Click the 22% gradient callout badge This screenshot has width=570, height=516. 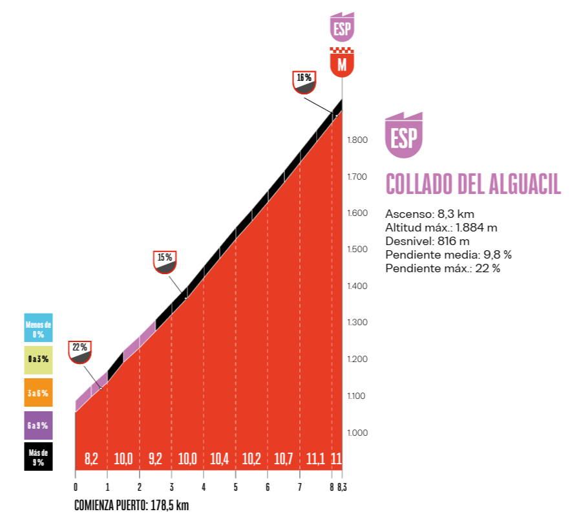(79, 352)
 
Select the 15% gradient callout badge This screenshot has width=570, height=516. (165, 262)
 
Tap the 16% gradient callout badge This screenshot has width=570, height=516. (304, 82)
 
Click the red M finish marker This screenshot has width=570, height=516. (342, 62)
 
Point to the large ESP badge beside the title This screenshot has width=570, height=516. (404, 135)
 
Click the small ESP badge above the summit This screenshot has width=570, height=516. (342, 27)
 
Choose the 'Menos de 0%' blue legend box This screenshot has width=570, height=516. (38, 328)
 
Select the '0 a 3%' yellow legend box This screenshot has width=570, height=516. (38, 360)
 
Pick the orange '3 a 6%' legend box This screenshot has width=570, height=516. (38, 392)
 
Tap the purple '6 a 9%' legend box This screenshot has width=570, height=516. (38, 425)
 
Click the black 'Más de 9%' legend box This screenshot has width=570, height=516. (38, 457)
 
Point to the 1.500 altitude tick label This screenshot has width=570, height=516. (357, 250)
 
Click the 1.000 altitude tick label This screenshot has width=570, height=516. (357, 433)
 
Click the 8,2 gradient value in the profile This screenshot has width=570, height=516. (91, 459)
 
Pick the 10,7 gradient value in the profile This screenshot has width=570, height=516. (284, 459)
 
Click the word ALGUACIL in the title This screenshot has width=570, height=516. (525, 184)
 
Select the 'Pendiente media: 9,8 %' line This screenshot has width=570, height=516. (449, 255)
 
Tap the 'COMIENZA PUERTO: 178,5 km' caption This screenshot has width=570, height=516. (132, 505)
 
